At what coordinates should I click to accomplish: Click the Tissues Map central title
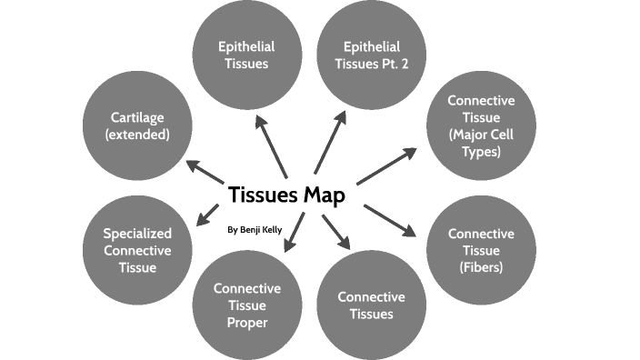click(x=285, y=195)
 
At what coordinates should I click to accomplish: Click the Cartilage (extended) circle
click(x=137, y=125)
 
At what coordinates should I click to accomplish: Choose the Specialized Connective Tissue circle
click(x=137, y=250)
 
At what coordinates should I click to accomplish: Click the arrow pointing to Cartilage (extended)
click(x=206, y=174)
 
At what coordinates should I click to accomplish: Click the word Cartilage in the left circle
click(x=137, y=116)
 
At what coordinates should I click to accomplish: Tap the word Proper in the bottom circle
click(x=247, y=322)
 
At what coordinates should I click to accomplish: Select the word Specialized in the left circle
click(x=137, y=233)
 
